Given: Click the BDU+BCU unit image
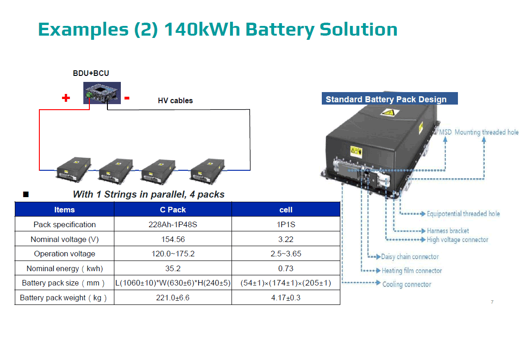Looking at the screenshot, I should (x=102, y=93).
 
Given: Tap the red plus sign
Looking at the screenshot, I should (x=66, y=98).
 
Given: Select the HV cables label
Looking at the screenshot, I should (x=175, y=100).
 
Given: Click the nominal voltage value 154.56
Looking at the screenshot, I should (x=173, y=239).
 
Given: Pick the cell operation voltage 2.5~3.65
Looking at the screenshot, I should (x=286, y=254).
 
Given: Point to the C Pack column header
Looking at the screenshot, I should (x=173, y=210).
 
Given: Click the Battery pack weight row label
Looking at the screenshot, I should (x=64, y=298).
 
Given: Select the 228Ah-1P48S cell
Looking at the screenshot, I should (x=173, y=224).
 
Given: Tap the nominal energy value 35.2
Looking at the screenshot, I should (x=173, y=268).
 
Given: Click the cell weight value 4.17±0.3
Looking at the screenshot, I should (x=286, y=298).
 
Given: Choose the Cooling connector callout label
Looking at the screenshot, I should (x=407, y=284).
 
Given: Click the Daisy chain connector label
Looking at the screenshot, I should (x=410, y=257).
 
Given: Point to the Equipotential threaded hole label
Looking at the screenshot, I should (x=463, y=214).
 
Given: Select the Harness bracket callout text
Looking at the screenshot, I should (x=448, y=230).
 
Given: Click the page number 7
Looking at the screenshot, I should (x=492, y=302).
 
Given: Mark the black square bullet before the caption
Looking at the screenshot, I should (x=26, y=194).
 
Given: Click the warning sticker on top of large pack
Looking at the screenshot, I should (x=388, y=112).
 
